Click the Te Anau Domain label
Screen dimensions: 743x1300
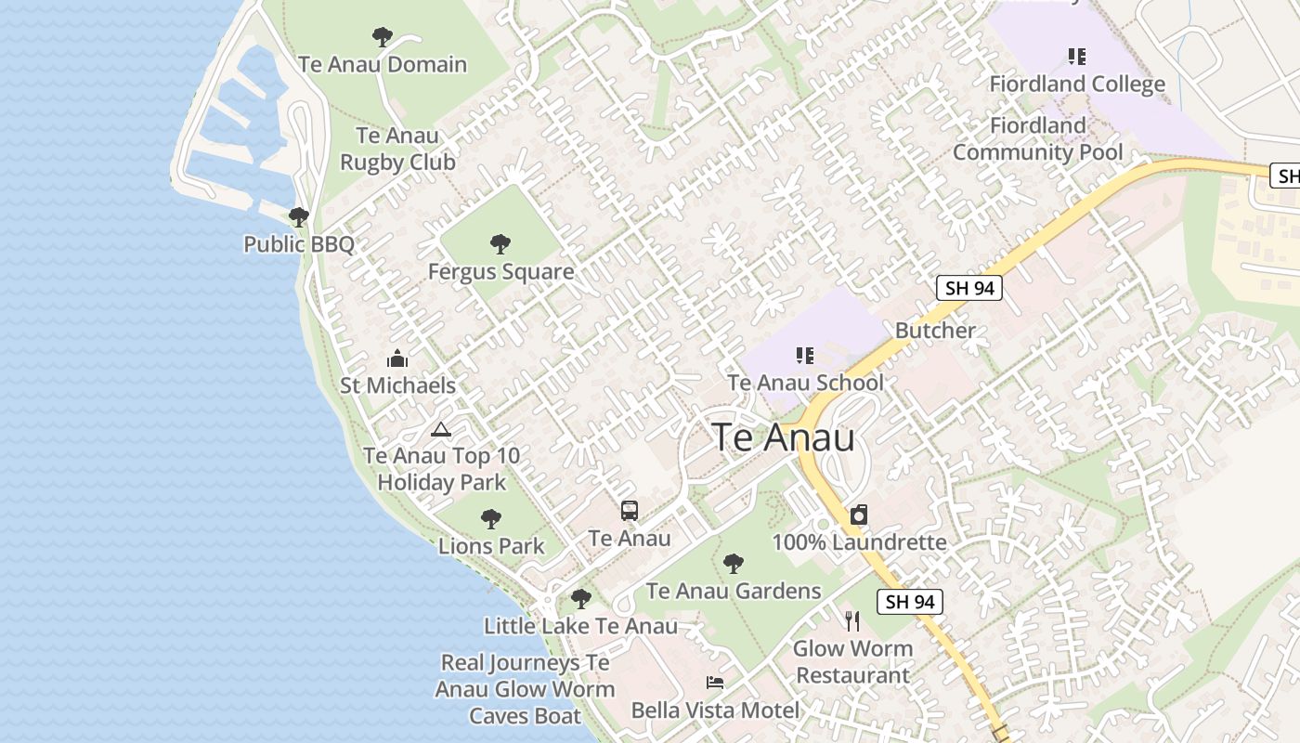click(383, 65)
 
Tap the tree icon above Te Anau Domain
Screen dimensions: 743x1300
click(382, 37)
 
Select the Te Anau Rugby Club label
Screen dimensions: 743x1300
click(397, 149)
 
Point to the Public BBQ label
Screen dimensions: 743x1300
click(299, 244)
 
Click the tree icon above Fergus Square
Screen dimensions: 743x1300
click(500, 244)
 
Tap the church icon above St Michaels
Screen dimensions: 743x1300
click(397, 358)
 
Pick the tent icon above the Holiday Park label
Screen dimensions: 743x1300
click(441, 429)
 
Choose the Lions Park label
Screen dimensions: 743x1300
click(491, 546)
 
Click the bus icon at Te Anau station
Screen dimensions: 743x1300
click(630, 510)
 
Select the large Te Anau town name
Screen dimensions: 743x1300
click(783, 437)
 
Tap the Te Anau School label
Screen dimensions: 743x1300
click(805, 383)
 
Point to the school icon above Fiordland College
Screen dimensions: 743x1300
click(1077, 57)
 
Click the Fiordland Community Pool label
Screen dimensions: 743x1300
click(1038, 139)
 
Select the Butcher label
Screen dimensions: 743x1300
click(935, 331)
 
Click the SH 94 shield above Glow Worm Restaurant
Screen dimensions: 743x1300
click(910, 602)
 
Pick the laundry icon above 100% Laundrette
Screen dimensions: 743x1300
click(859, 515)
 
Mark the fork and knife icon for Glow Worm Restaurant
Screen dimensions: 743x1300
click(852, 620)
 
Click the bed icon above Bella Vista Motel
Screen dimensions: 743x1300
click(715, 683)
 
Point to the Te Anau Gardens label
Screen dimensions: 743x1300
click(734, 591)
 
